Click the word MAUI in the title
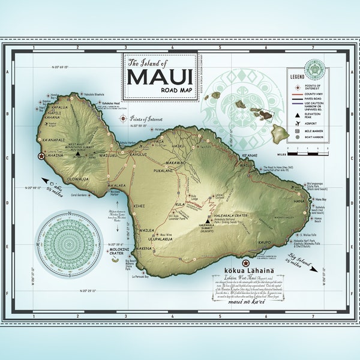coord(160,77)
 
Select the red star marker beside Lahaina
coord(41,156)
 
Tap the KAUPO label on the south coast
coord(266,242)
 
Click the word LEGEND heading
coord(297,77)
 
